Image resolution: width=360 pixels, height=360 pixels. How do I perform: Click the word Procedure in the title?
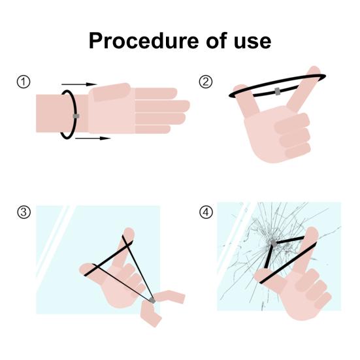point(144,41)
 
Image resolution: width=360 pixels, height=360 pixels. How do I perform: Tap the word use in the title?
point(252,42)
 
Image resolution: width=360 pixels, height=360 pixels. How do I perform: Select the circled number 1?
point(24,82)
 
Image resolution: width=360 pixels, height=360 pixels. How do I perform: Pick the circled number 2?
point(206,82)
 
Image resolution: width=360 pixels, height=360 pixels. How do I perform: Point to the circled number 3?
point(24,212)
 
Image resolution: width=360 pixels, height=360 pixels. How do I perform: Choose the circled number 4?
point(206,212)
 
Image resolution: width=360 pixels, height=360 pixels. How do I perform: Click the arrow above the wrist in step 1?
point(79,84)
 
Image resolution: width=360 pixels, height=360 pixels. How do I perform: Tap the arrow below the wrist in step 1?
point(93,139)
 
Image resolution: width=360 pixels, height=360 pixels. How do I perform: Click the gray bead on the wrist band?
point(76,116)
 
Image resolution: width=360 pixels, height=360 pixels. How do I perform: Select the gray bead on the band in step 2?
point(277,91)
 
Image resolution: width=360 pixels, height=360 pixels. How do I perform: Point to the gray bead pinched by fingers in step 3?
point(152,300)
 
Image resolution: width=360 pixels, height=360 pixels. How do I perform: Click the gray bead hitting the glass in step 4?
point(273,243)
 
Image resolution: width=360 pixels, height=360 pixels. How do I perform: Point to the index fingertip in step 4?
point(312,232)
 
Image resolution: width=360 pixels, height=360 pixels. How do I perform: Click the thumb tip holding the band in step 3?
point(86,269)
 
